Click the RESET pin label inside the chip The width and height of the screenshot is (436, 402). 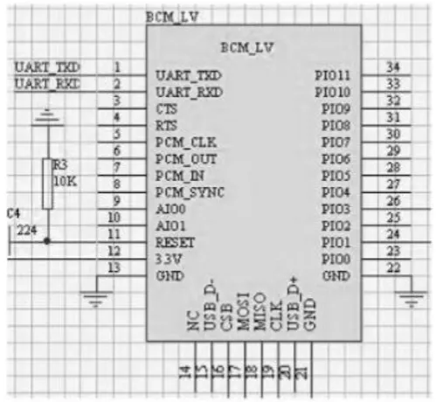coord(175,242)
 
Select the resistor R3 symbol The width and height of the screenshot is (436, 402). coord(48,184)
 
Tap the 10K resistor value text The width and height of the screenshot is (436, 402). coord(66,181)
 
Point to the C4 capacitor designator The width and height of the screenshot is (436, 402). coord(13,213)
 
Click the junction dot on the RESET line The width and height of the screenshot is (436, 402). coord(47,241)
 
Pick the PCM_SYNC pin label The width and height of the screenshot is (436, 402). coord(190,192)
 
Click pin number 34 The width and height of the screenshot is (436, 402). coord(393,67)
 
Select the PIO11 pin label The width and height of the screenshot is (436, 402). coord(333,76)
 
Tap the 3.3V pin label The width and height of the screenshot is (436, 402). coord(169,259)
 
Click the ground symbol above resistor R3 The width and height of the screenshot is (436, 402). coord(47,117)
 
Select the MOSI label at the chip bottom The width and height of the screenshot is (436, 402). coord(244,312)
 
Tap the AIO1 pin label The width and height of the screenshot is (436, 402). coord(170,225)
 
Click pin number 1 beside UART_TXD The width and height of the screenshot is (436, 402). coord(117,67)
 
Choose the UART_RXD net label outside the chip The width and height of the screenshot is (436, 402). coord(47,84)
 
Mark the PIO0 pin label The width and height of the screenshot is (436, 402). coord(336,259)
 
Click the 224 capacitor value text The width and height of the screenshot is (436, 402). coord(27,230)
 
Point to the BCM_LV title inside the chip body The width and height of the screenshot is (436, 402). coord(247,47)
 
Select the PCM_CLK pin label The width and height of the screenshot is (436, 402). coord(186,142)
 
